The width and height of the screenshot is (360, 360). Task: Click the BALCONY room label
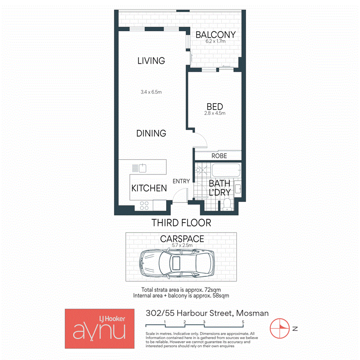(216, 35)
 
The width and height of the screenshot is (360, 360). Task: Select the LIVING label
(151, 61)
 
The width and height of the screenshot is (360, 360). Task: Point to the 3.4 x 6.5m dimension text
(151, 92)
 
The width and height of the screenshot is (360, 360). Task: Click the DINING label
(151, 133)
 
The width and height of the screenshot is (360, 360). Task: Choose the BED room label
(214, 106)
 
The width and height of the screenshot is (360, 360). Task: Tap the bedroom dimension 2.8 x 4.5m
(214, 113)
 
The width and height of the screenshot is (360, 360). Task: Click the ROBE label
(219, 156)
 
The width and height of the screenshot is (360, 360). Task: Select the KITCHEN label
(149, 188)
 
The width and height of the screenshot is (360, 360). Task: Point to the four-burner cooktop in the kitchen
(144, 205)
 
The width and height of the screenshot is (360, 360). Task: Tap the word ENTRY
(181, 181)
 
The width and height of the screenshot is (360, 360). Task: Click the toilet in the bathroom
(227, 205)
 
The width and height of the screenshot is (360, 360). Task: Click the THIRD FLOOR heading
(181, 223)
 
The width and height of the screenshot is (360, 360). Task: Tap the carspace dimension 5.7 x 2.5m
(182, 245)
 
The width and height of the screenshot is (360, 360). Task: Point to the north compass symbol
(280, 329)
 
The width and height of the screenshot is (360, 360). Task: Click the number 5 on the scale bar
(243, 321)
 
